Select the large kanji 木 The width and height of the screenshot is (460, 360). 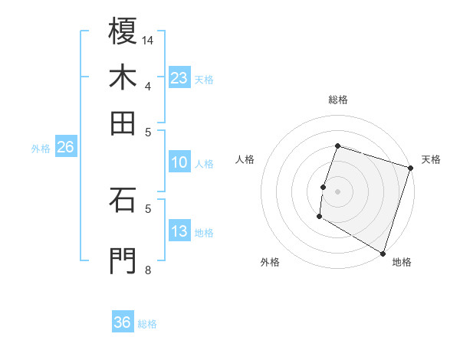[x=123, y=77]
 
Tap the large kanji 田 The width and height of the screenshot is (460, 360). [x=123, y=123]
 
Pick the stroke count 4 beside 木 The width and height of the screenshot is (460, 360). [x=148, y=86]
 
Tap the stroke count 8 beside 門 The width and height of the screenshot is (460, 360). [x=148, y=270]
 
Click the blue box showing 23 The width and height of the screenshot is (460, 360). [x=179, y=77]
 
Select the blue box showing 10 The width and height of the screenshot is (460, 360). [x=179, y=162]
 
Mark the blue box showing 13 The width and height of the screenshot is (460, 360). [x=179, y=231]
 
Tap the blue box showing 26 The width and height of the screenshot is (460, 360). [x=65, y=147]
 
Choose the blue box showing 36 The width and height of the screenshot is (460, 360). [x=123, y=322]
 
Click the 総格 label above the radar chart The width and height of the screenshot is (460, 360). [x=338, y=100]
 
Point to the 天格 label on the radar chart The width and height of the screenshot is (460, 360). [x=431, y=159]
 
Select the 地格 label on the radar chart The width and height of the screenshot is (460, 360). [x=402, y=262]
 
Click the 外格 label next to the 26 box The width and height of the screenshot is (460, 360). [x=41, y=149]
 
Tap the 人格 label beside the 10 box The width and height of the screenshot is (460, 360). [x=205, y=163]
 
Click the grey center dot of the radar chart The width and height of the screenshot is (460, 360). [x=338, y=191]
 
